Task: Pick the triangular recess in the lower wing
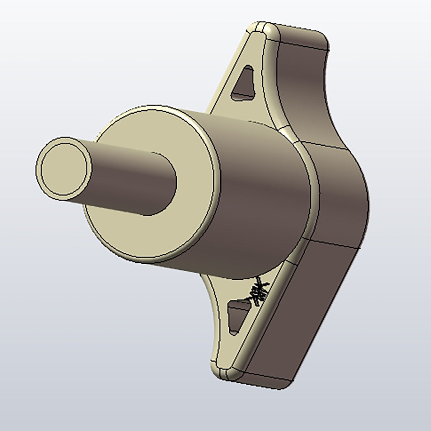coord(237,315)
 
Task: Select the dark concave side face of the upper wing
coord(302,86)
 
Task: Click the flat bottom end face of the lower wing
coord(263,379)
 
